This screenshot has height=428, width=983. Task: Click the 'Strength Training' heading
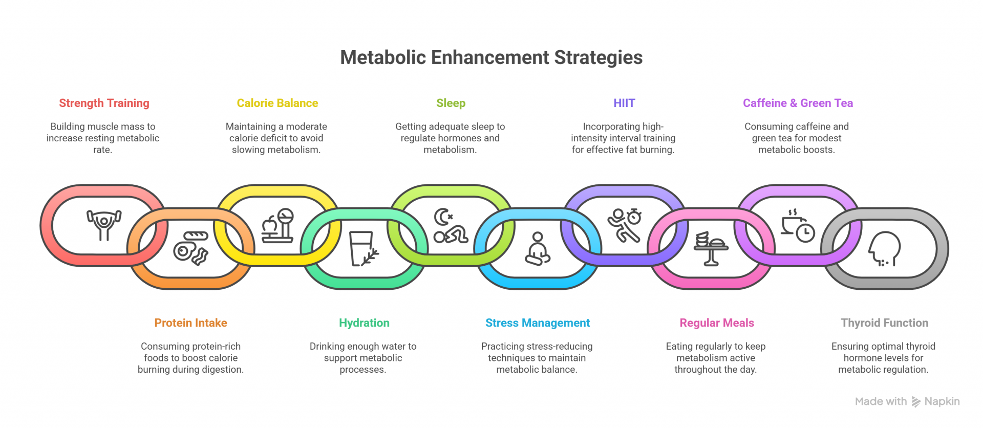104,103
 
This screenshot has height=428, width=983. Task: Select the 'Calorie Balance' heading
277,103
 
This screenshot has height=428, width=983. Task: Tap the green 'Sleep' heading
451,103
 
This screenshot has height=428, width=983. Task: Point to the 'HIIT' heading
624,103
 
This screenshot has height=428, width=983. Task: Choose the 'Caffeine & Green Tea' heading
797,103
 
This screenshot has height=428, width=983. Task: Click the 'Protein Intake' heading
190,323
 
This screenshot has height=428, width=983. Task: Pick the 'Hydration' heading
364,323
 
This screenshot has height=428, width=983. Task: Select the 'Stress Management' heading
537,323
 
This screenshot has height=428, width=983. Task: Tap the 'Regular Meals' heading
716,323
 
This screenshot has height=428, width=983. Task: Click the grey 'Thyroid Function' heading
884,323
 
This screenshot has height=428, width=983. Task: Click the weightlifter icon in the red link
104,224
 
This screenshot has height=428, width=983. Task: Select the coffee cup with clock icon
797,225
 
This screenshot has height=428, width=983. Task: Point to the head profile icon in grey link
884,248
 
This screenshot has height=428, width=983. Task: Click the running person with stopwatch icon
624,225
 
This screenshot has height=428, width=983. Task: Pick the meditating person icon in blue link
537,249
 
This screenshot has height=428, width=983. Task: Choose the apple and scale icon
277,225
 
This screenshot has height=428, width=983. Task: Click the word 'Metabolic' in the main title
383,57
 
